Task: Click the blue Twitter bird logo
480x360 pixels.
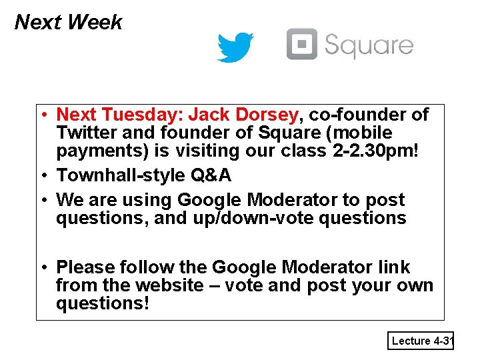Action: pos(235,47)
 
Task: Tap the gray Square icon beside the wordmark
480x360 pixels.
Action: pos(301,44)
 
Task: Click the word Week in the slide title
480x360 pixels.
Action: pos(95,23)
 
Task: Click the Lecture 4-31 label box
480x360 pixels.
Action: pos(421,341)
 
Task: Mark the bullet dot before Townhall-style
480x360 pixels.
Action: pos(43,176)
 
